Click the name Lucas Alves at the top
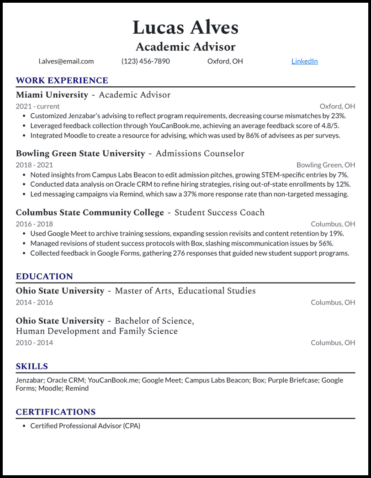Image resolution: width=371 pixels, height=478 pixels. click(185, 27)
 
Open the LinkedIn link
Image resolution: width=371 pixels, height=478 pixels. click(304, 61)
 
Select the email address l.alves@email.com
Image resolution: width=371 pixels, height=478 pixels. click(66, 61)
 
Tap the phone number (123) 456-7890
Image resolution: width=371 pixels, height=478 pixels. click(145, 61)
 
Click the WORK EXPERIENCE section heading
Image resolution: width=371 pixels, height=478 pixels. click(62, 81)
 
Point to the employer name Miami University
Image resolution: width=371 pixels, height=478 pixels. click(52, 95)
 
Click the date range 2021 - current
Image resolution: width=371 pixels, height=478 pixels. click(37, 106)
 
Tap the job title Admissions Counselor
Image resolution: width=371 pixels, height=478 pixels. click(200, 153)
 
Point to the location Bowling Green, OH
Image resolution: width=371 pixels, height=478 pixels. click(325, 165)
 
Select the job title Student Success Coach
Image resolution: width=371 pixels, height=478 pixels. click(219, 212)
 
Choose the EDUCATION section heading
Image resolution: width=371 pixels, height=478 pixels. click(44, 277)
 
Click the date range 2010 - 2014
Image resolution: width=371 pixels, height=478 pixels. click(34, 342)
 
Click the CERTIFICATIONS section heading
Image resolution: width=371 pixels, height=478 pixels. click(56, 412)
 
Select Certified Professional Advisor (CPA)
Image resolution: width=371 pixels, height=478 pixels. click(85, 426)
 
